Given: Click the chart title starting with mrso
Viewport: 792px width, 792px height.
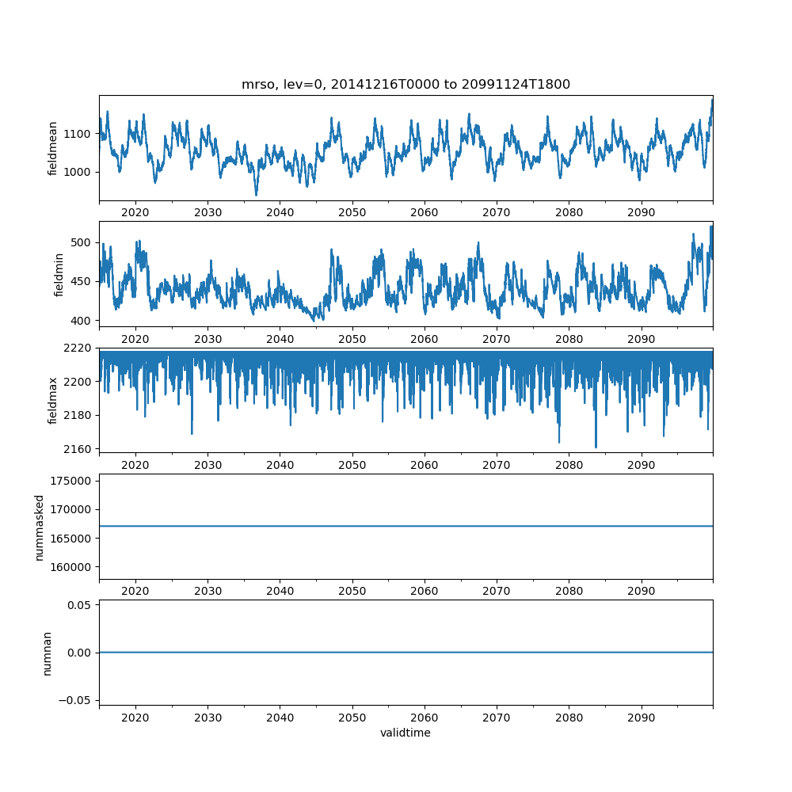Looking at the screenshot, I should tap(406, 85).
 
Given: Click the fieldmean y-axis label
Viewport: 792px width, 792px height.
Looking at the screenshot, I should tap(53, 148).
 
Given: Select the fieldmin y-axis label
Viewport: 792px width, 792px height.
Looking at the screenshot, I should tap(59, 274).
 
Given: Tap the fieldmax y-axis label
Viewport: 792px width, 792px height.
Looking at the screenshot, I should tap(53, 400).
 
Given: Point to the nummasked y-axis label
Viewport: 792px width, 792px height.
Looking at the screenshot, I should tap(39, 527).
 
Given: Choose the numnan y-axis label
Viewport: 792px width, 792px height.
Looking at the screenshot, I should tap(47, 653).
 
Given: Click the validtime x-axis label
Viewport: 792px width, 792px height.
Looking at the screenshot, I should tap(406, 733).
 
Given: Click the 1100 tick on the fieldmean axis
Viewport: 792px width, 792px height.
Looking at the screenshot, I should tap(79, 134).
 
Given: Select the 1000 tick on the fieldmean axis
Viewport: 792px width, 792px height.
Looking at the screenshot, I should tap(79, 172).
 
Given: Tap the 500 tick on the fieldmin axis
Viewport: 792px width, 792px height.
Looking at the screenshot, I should tap(85, 242).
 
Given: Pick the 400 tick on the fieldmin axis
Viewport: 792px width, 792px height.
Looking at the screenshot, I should tap(85, 320).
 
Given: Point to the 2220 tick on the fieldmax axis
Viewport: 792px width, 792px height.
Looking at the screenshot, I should tap(79, 348).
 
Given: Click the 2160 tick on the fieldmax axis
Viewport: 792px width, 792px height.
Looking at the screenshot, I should tap(79, 449).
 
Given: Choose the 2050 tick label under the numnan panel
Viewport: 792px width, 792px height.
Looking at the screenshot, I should tap(352, 718).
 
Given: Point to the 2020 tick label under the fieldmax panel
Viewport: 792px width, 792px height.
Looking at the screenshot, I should tap(135, 465).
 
